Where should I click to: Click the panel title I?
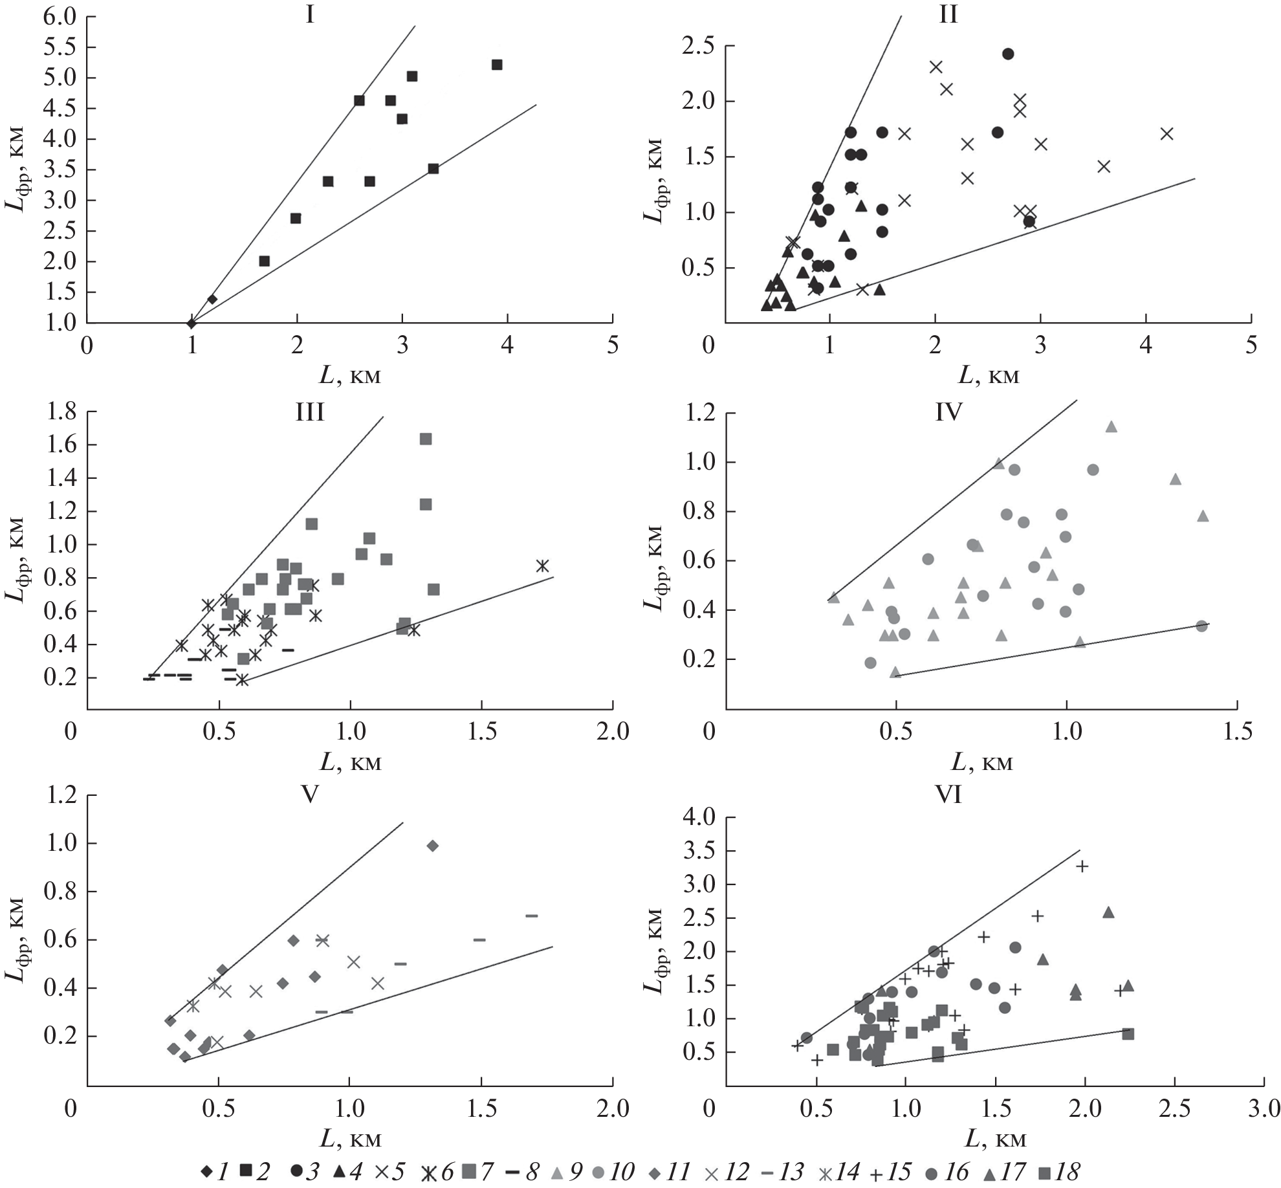click(x=310, y=14)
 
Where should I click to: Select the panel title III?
click(x=310, y=412)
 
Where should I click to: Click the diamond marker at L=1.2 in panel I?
click(x=212, y=299)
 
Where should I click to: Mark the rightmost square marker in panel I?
click(x=497, y=65)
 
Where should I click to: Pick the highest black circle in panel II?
click(x=1008, y=54)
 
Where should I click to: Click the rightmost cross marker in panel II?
click(x=1167, y=134)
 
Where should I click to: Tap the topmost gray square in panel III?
click(x=426, y=439)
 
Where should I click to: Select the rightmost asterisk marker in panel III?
click(x=542, y=566)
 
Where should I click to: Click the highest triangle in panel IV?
click(x=1111, y=426)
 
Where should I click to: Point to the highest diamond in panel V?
click(x=433, y=846)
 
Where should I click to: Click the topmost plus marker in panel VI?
click(x=1082, y=866)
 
